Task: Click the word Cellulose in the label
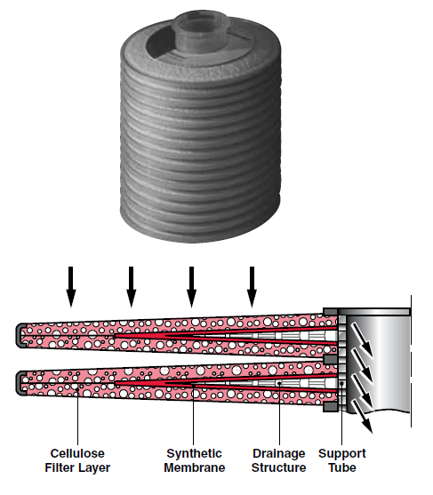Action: click(77, 453)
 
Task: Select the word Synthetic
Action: click(194, 453)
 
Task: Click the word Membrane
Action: click(195, 467)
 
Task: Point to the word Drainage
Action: click(279, 453)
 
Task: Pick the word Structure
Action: click(279, 467)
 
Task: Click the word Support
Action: click(342, 453)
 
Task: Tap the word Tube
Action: click(342, 467)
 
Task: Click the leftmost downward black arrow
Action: click(71, 287)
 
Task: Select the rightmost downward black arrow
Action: click(252, 287)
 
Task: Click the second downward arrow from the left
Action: click(131, 287)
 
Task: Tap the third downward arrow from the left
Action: click(191, 287)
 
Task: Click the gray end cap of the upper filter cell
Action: click(20, 336)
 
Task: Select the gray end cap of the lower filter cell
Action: click(20, 383)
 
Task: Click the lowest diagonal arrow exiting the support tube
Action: click(362, 416)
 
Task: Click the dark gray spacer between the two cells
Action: click(330, 359)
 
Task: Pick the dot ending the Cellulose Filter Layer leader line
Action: click(77, 389)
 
